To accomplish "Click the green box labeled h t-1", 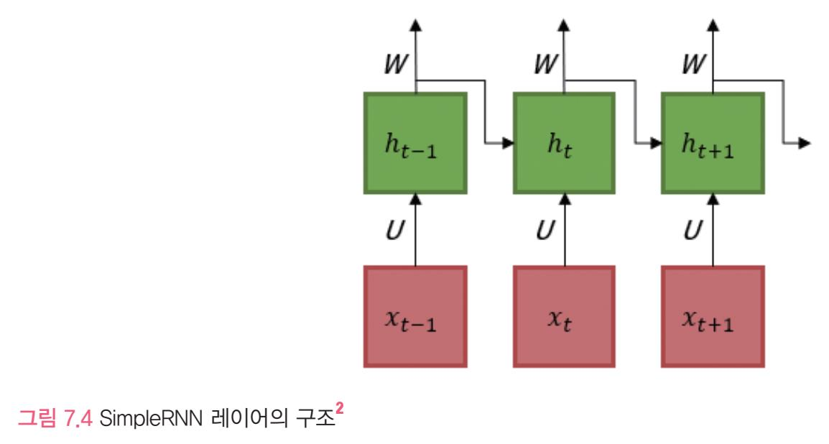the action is click(415, 143).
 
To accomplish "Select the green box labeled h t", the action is click(563, 143).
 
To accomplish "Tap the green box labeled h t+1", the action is click(712, 143).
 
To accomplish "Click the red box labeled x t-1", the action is click(415, 316).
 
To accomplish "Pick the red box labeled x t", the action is click(563, 316).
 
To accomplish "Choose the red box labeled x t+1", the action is click(712, 316).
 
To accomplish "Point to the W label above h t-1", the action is click(397, 65).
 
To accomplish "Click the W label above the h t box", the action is click(544, 65).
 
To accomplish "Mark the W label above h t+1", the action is click(693, 65).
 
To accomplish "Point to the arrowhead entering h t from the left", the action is click(507, 144).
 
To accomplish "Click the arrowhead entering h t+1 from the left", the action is click(655, 144).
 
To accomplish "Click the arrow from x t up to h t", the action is click(564, 230).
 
